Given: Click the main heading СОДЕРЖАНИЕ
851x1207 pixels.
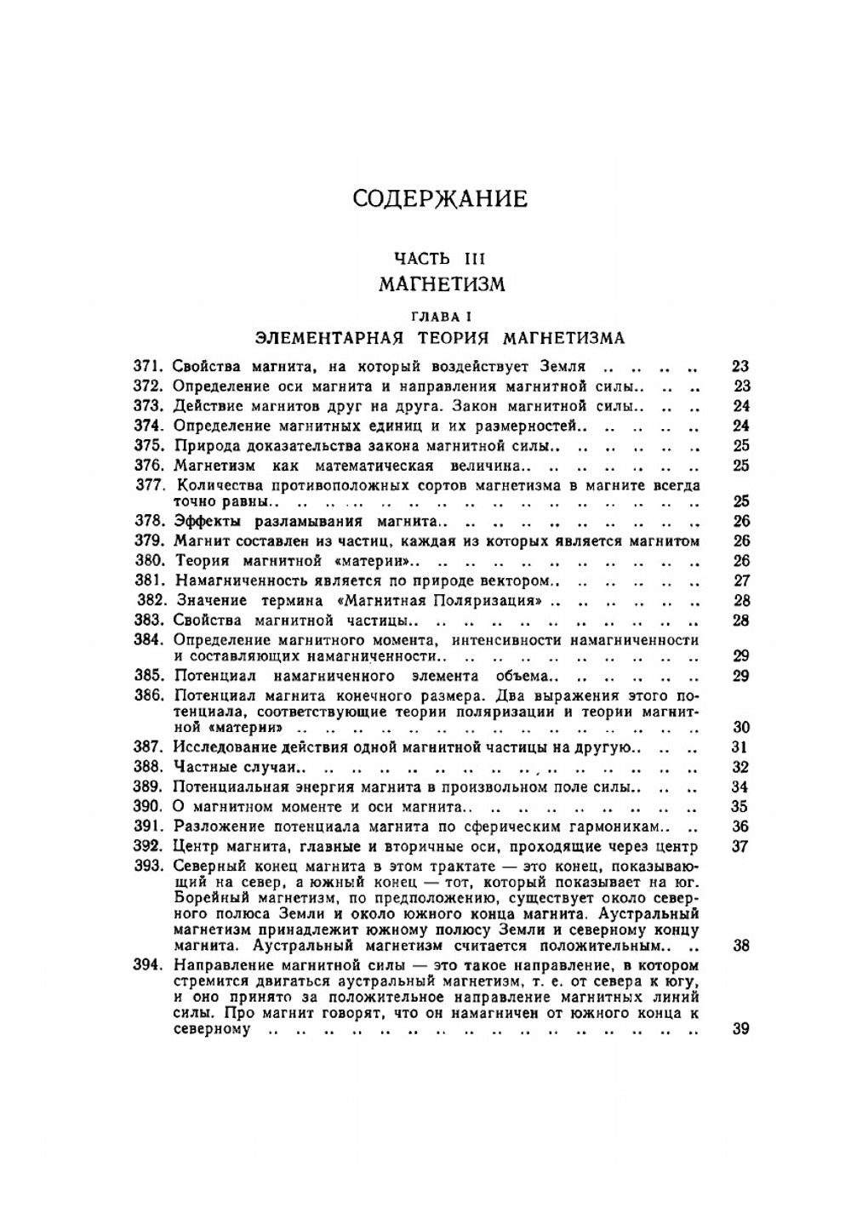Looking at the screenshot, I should tap(439, 199).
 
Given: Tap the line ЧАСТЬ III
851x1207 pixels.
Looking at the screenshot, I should tap(439, 258).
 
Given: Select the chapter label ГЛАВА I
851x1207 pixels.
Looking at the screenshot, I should tap(440, 317).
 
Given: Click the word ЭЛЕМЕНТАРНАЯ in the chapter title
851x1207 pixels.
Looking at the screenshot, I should tap(328, 338).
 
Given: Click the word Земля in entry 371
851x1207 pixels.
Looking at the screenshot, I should tap(563, 367).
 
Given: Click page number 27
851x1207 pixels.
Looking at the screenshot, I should tap(740, 581).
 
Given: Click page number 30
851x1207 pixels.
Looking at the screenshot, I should tap(740, 728).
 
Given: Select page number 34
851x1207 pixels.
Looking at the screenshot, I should tap(740, 787).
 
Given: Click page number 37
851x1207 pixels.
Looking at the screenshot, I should tap(740, 846).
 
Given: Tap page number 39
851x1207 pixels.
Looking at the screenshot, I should tap(740, 1029).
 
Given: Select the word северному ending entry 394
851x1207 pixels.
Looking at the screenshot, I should tap(212, 1029).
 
